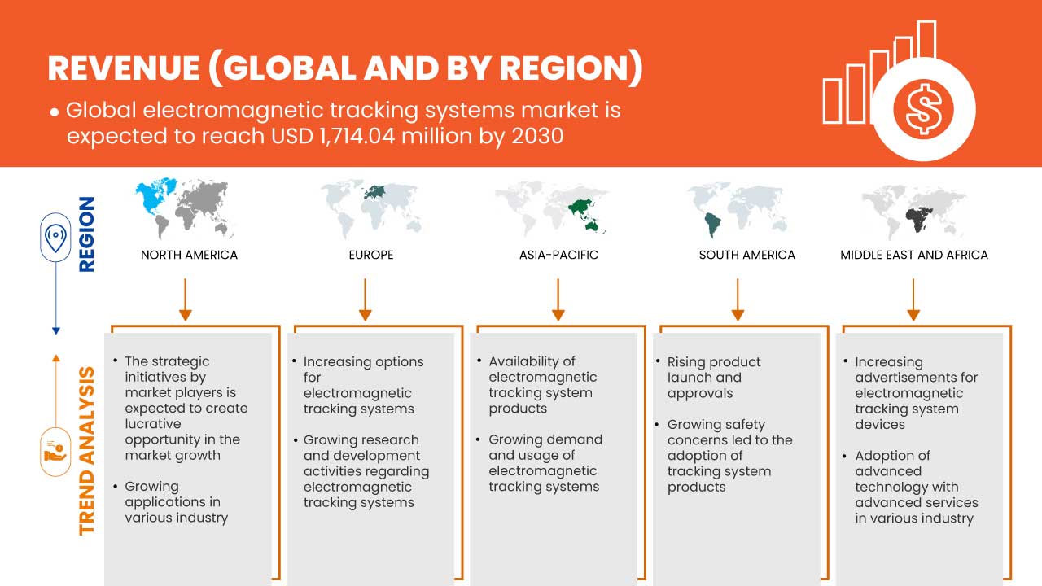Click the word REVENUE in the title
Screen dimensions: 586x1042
pos(122,68)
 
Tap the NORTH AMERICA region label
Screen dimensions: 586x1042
pos(189,255)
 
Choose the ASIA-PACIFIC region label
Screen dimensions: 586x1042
pos(558,255)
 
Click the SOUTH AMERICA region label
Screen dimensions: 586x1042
pos(746,255)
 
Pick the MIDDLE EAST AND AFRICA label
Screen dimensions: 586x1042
pos(913,255)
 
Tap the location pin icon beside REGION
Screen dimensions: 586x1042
pos(55,238)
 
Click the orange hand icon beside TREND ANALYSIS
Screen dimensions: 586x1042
pos(55,451)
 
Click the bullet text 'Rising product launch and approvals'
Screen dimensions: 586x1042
pos(714,377)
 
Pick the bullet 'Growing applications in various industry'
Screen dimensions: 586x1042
pos(176,501)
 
